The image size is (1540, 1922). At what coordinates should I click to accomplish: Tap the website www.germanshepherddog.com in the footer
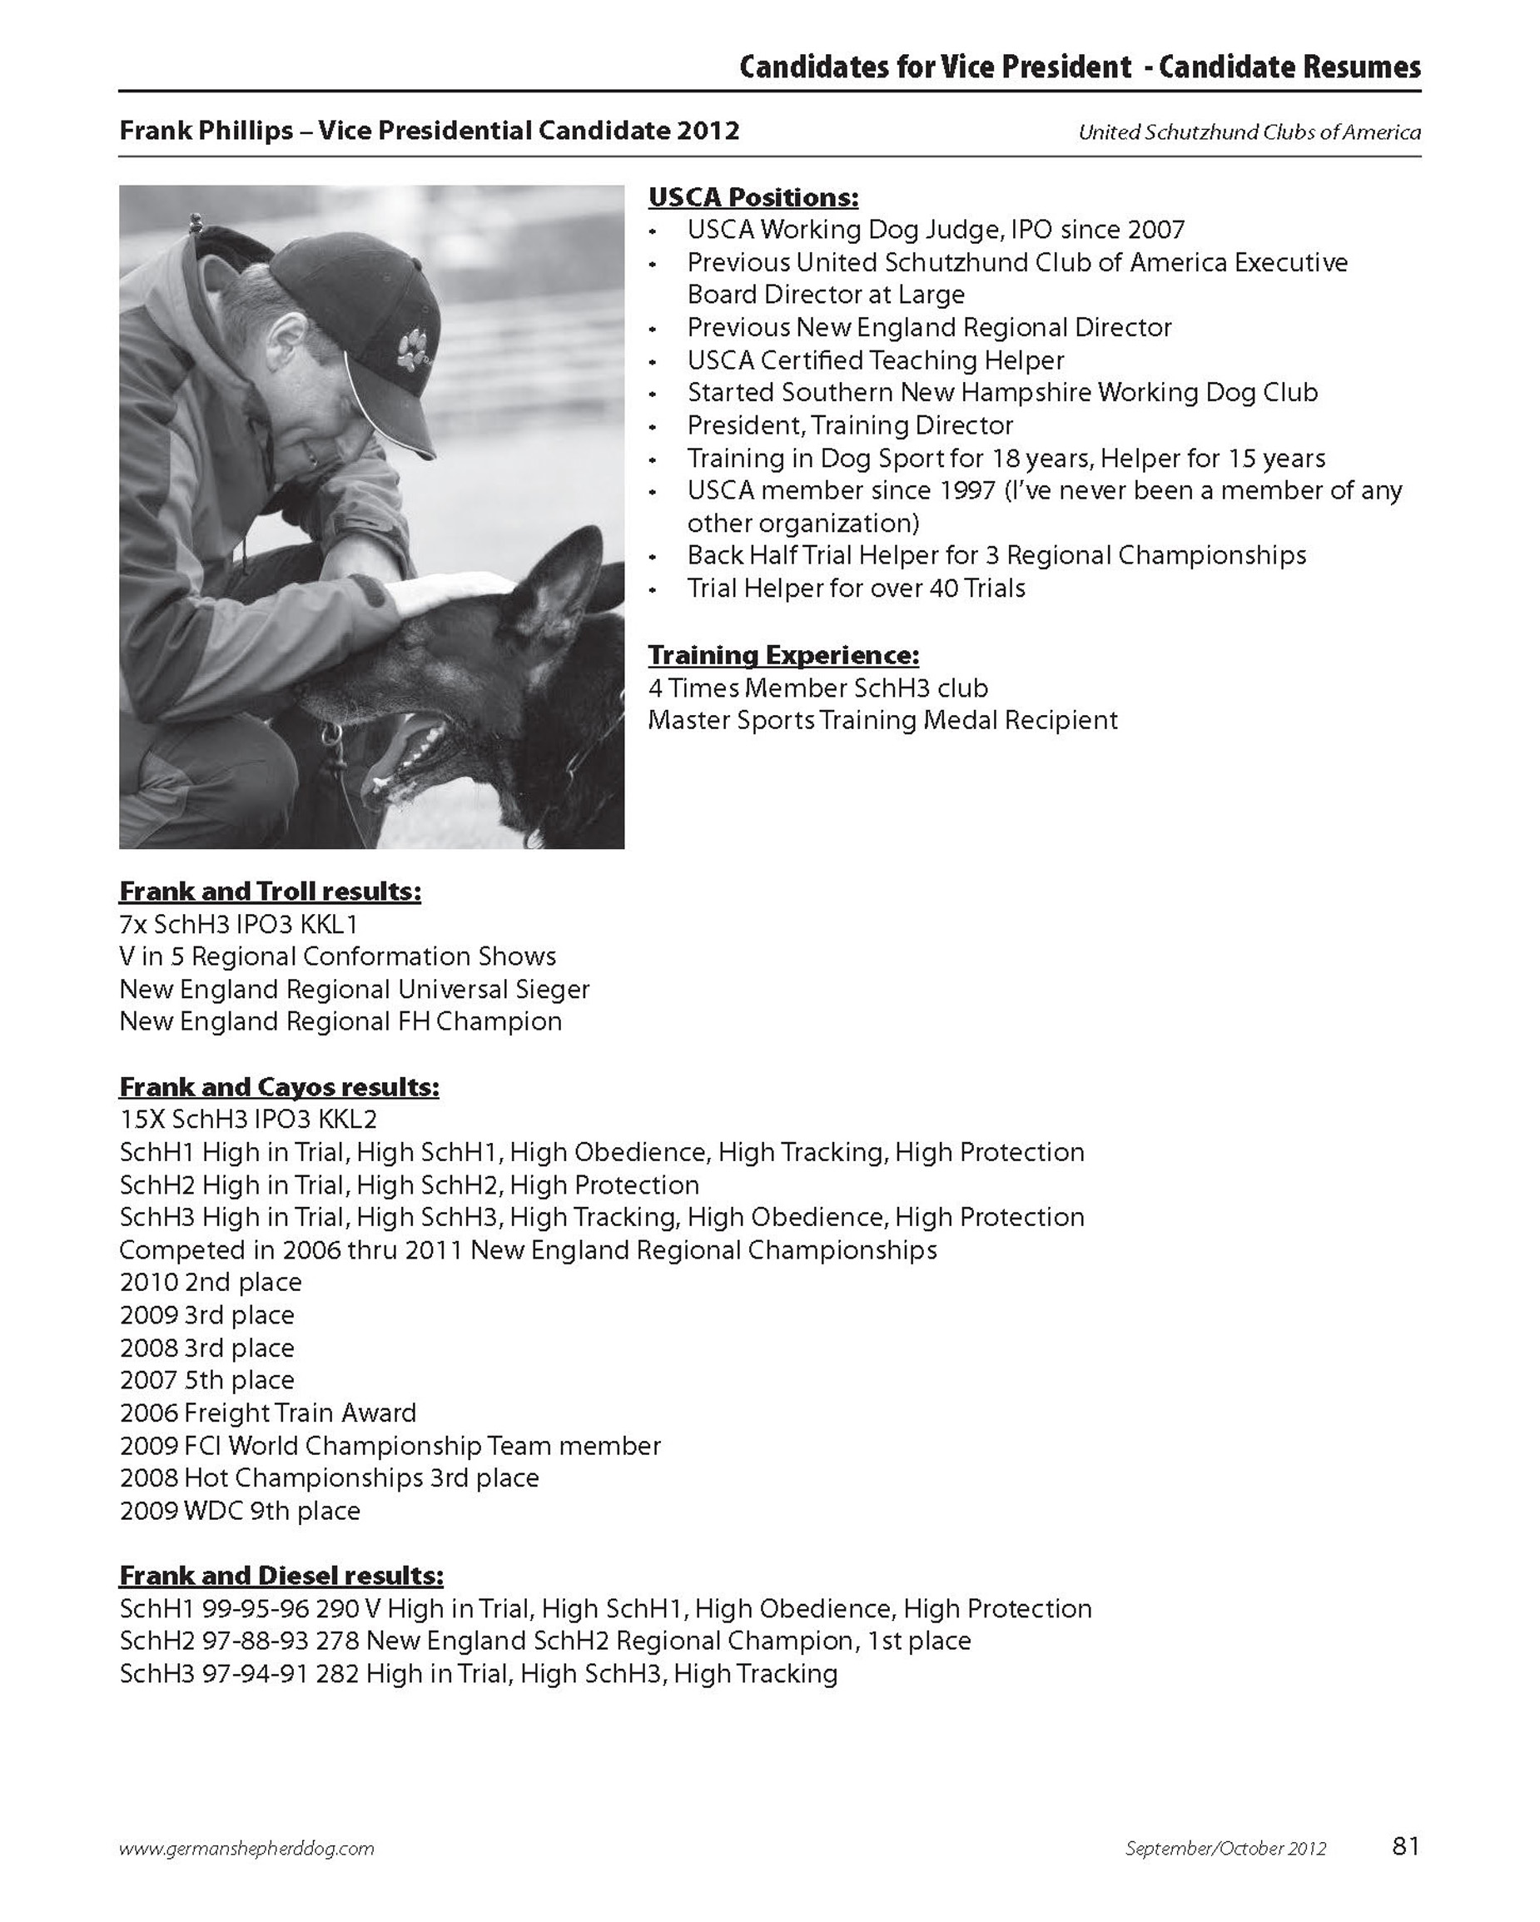point(246,1848)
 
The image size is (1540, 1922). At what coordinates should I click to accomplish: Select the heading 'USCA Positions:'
point(753,197)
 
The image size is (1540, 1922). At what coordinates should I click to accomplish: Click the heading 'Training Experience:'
point(783,655)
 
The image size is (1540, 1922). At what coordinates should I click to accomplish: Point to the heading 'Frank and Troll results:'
point(270,891)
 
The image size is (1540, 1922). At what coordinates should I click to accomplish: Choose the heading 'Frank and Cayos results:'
point(278,1087)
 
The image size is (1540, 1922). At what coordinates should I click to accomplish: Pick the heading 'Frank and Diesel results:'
point(281,1575)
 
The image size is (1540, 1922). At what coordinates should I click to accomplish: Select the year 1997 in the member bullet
point(964,490)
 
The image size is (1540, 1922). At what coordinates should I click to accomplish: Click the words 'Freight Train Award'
point(300,1412)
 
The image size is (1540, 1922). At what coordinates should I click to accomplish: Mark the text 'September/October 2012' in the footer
point(1225,1848)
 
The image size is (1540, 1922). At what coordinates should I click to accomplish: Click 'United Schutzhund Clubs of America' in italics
point(1249,133)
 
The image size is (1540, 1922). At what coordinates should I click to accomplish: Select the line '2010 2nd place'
point(211,1282)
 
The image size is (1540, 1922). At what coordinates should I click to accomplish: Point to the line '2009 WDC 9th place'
point(239,1510)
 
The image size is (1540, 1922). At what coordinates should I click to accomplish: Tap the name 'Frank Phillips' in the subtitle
point(206,131)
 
